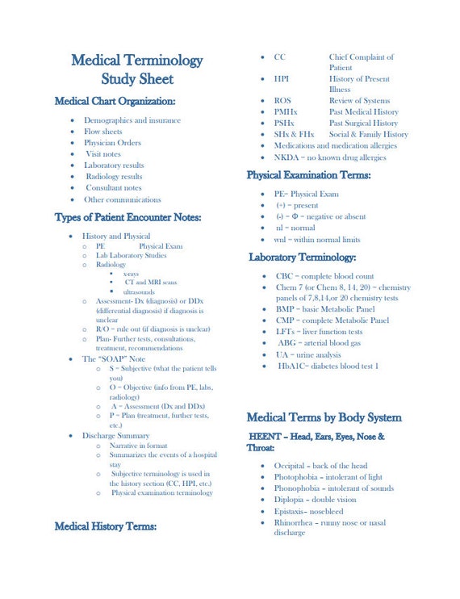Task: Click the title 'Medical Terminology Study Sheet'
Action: pos(136,69)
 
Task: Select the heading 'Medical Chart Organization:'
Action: pos(115,101)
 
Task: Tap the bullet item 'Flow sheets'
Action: pos(103,132)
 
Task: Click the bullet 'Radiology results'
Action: pos(114,177)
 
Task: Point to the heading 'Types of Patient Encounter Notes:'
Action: pos(128,217)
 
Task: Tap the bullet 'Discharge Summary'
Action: pos(115,436)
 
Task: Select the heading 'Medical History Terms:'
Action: pos(105,526)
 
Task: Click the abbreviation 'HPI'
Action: pos(282,79)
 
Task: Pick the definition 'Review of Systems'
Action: pos(359,101)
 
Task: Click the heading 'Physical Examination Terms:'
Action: pos(308,175)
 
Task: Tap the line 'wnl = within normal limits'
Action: pos(317,240)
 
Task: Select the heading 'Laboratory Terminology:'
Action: pos(303,258)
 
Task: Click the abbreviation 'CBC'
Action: pos(285,276)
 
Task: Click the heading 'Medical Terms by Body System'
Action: pos(324,417)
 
